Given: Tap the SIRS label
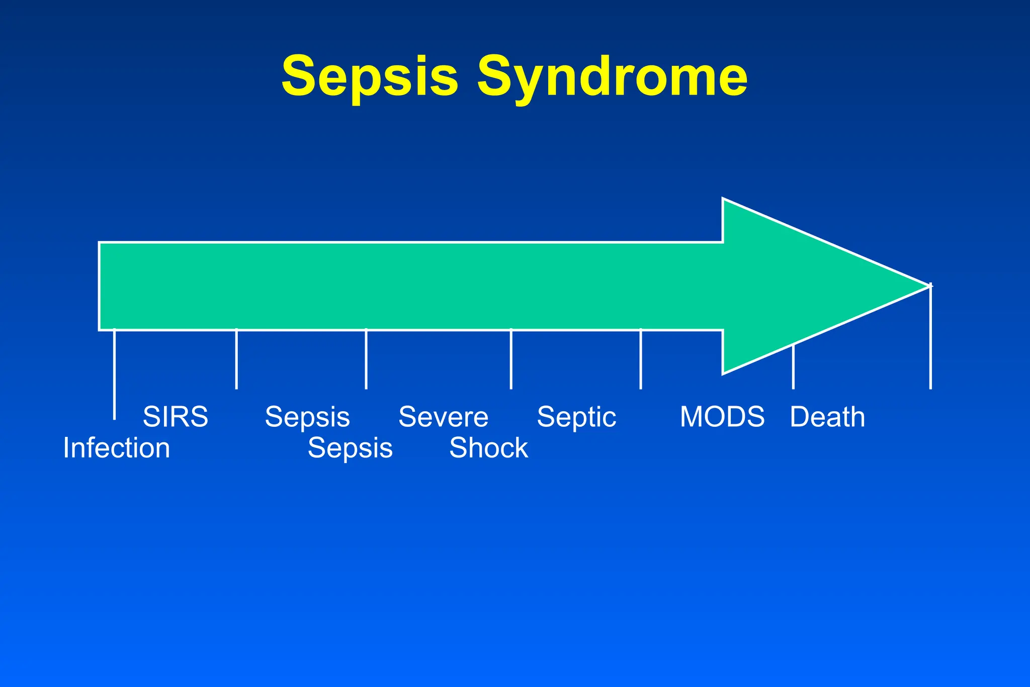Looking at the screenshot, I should point(175,417).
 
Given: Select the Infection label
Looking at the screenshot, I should point(117,448).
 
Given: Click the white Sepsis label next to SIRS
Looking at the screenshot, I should point(307,417).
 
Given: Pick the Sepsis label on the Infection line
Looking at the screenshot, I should point(350,448).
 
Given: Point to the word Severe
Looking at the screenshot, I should point(443,417).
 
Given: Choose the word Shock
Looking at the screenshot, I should point(488,448).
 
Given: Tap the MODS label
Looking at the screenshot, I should point(722,417).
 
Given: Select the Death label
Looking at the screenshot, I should point(827,417).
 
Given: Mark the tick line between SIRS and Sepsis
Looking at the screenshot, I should point(236,359).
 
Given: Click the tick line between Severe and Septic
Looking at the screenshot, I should point(511,359).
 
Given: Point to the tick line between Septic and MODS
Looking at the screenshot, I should point(641,359).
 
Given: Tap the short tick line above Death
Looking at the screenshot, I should point(793,367).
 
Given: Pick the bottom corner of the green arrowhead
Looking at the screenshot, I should point(724,372).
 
